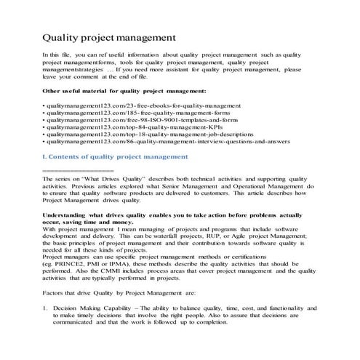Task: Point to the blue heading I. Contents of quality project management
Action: click(116, 156)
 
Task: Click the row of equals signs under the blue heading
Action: click(72, 169)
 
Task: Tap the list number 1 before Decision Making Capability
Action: click(44, 309)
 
